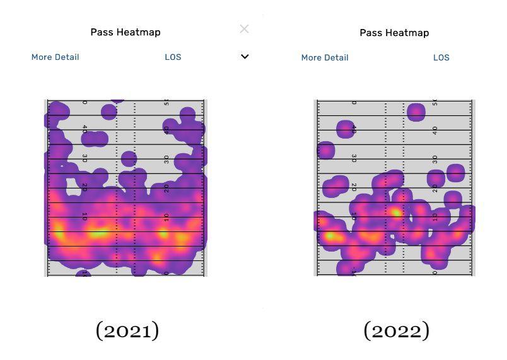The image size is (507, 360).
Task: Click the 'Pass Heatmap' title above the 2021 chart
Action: click(125, 32)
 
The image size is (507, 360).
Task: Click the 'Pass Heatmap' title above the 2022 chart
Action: click(394, 33)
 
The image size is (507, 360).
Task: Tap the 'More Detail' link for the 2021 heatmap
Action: click(55, 57)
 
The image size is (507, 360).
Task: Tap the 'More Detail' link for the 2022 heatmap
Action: click(325, 57)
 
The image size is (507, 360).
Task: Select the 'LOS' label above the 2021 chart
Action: click(173, 57)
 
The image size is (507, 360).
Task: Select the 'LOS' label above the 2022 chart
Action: click(441, 57)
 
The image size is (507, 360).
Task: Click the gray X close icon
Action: click(245, 29)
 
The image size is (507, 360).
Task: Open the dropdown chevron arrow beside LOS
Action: click(245, 57)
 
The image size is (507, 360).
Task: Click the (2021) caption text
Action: click(127, 330)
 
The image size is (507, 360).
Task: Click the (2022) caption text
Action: click(396, 330)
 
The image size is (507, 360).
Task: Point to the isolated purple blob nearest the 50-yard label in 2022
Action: click(416, 112)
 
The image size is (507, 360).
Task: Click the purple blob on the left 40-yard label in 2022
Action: click(346, 129)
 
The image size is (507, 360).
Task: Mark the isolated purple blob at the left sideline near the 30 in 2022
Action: click(326, 151)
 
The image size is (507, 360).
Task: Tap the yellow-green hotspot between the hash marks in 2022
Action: click(396, 212)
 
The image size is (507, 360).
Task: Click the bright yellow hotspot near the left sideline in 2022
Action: click(330, 236)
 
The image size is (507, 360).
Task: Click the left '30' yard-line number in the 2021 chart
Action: click(85, 159)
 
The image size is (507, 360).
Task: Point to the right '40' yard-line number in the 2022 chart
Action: click(435, 130)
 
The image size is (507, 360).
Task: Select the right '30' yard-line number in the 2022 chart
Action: click(435, 159)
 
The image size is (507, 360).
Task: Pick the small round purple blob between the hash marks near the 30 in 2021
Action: click(129, 159)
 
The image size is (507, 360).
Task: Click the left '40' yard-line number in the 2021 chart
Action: click(85, 130)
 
